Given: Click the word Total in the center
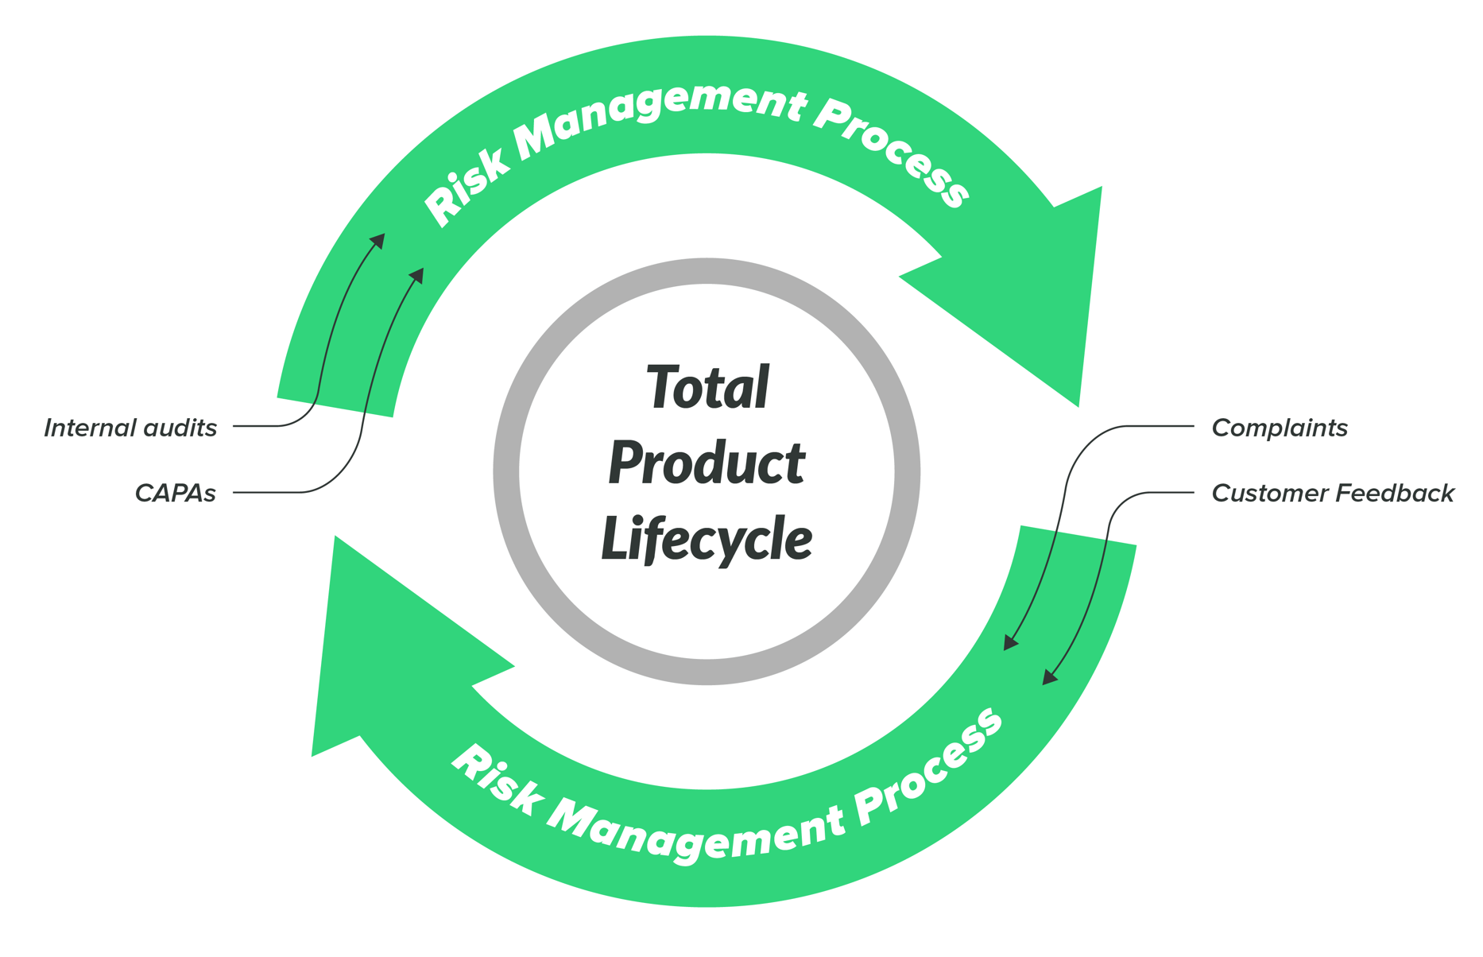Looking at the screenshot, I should click(x=707, y=388).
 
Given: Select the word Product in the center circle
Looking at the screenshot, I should click(x=707, y=463).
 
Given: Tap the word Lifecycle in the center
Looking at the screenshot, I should click(x=707, y=539).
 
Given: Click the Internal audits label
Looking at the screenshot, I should click(x=130, y=428).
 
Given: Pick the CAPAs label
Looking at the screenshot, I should click(x=175, y=494).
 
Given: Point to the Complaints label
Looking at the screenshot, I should click(x=1279, y=428).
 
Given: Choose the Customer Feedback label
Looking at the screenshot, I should click(x=1332, y=494).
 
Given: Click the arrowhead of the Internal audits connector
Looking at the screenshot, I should click(x=379, y=240).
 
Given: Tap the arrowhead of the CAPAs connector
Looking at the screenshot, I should click(x=418, y=275).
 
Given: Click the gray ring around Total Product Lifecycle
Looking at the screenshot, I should click(x=505, y=471).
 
